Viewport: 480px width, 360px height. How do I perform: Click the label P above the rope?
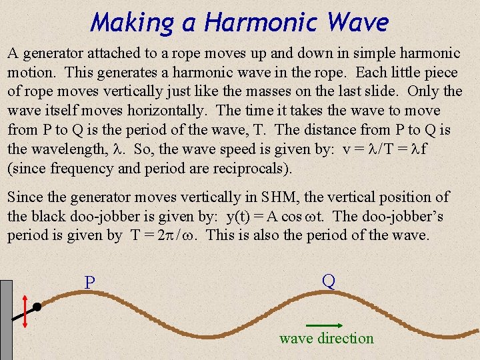[x=90, y=283]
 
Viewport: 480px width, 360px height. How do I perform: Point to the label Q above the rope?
[x=328, y=281]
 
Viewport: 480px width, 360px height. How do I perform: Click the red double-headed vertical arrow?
[x=25, y=311]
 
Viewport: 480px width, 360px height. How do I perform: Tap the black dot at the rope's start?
[x=38, y=307]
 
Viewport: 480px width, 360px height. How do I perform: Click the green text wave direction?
[x=327, y=339]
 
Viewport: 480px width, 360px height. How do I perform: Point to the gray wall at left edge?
[x=6, y=320]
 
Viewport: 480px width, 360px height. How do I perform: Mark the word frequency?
[x=75, y=167]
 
